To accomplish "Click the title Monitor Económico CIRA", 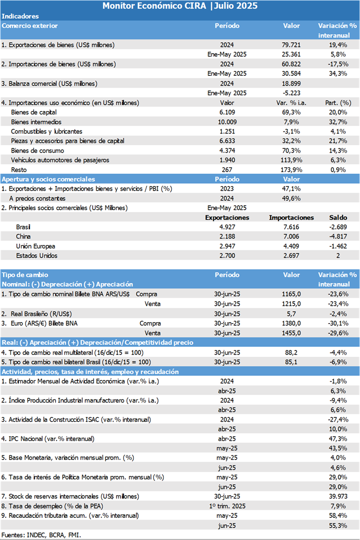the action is click(x=154, y=6).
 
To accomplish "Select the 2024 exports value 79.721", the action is click(x=292, y=45).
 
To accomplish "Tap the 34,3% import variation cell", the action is click(x=337, y=73).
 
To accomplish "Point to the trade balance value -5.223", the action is click(x=292, y=93).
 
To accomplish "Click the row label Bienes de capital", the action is click(x=34, y=112).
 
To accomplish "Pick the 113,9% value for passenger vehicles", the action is click(x=292, y=160).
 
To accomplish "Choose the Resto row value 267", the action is click(x=227, y=170).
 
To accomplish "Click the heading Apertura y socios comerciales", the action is click(x=48, y=179).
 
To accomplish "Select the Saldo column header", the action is click(x=338, y=218).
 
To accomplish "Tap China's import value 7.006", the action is click(x=292, y=237).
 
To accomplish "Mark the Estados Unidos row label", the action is click(x=37, y=256).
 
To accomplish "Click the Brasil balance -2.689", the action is click(x=338, y=227).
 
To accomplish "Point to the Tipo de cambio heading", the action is click(x=25, y=275).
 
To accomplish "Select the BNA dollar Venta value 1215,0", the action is click(x=292, y=304).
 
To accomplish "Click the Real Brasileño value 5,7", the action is click(x=292, y=314).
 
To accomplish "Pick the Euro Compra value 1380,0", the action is click(x=292, y=323).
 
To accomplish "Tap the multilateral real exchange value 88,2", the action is click(x=292, y=353).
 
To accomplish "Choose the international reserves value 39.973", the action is click(x=338, y=496).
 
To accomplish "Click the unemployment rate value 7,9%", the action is click(x=338, y=506).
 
